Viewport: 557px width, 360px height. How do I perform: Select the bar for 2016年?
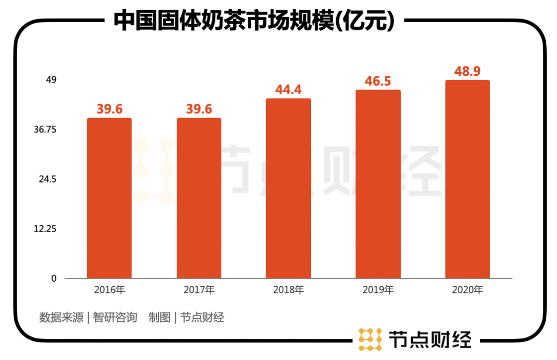[x=109, y=198]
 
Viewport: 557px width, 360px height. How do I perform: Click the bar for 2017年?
[x=199, y=198]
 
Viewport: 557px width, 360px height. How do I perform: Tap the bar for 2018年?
[x=288, y=188]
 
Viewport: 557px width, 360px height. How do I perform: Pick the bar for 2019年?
[x=378, y=184]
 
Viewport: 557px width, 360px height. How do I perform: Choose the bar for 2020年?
[x=467, y=179]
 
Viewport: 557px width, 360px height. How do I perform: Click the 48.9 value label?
[x=467, y=71]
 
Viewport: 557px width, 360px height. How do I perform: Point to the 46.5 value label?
[x=378, y=81]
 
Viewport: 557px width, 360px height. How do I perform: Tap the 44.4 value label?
[x=288, y=90]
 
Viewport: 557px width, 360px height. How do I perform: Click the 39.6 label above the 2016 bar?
[x=109, y=109]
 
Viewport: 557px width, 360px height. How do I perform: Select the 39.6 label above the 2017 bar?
[x=199, y=109]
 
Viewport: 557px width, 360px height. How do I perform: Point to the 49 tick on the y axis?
[x=51, y=80]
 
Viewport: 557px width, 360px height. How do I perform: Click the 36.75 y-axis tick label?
[x=45, y=129]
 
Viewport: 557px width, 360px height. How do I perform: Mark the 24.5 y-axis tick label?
[x=47, y=179]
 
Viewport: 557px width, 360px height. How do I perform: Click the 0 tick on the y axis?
[x=53, y=278]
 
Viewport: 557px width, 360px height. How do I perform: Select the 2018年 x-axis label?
[x=288, y=290]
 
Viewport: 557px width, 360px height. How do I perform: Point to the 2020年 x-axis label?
[x=467, y=290]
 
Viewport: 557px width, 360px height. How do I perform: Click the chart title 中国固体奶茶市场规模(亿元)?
[x=254, y=21]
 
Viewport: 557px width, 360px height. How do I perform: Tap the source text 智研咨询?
[x=115, y=317]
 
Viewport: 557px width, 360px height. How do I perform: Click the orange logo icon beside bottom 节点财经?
[x=370, y=339]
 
